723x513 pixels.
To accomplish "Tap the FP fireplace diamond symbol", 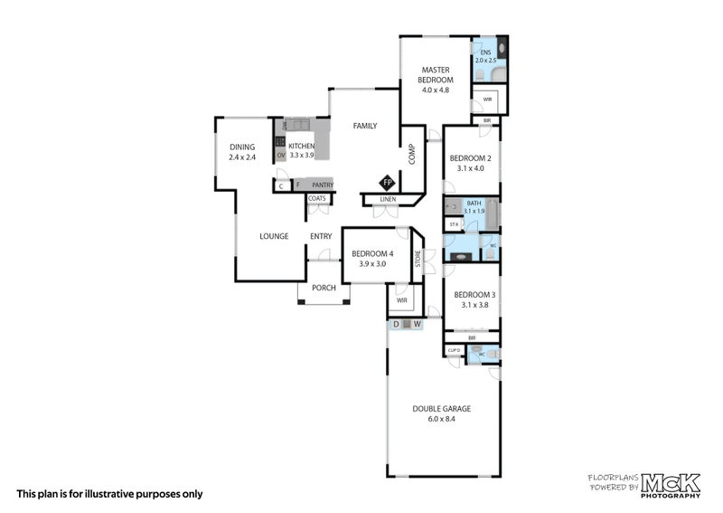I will tap(388, 181).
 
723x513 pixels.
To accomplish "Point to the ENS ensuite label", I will tap(485, 52).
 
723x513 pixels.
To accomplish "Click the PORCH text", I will tap(324, 289).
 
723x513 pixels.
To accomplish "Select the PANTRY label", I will tap(323, 185).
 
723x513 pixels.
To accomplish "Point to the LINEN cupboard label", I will tap(388, 199).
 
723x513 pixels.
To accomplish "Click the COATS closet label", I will tap(317, 198).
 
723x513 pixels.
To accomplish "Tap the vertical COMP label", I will tap(410, 155).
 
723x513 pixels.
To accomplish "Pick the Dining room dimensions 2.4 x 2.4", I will tap(242, 157).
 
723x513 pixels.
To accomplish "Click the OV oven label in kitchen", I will tap(280, 156).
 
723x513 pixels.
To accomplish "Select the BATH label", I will tap(474, 204).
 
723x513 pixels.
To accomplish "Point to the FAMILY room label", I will tap(364, 126).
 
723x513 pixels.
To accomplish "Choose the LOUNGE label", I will tap(274, 236).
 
